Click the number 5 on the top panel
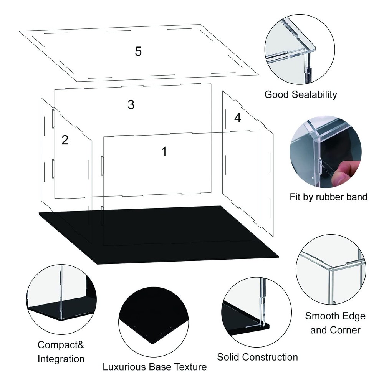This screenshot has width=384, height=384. (138, 51)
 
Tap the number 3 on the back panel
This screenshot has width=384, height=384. (131, 105)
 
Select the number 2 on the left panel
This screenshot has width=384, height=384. (65, 140)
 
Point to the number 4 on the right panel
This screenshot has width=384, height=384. (238, 118)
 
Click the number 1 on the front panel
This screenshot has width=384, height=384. (164, 152)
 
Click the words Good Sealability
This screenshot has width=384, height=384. (301, 94)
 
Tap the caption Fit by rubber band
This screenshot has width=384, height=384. (328, 197)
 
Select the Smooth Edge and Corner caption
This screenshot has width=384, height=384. (335, 323)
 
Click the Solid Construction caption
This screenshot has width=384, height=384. (257, 357)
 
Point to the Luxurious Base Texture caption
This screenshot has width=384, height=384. (154, 367)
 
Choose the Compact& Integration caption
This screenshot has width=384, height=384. (61, 352)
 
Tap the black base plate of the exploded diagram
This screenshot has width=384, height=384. (161, 246)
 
